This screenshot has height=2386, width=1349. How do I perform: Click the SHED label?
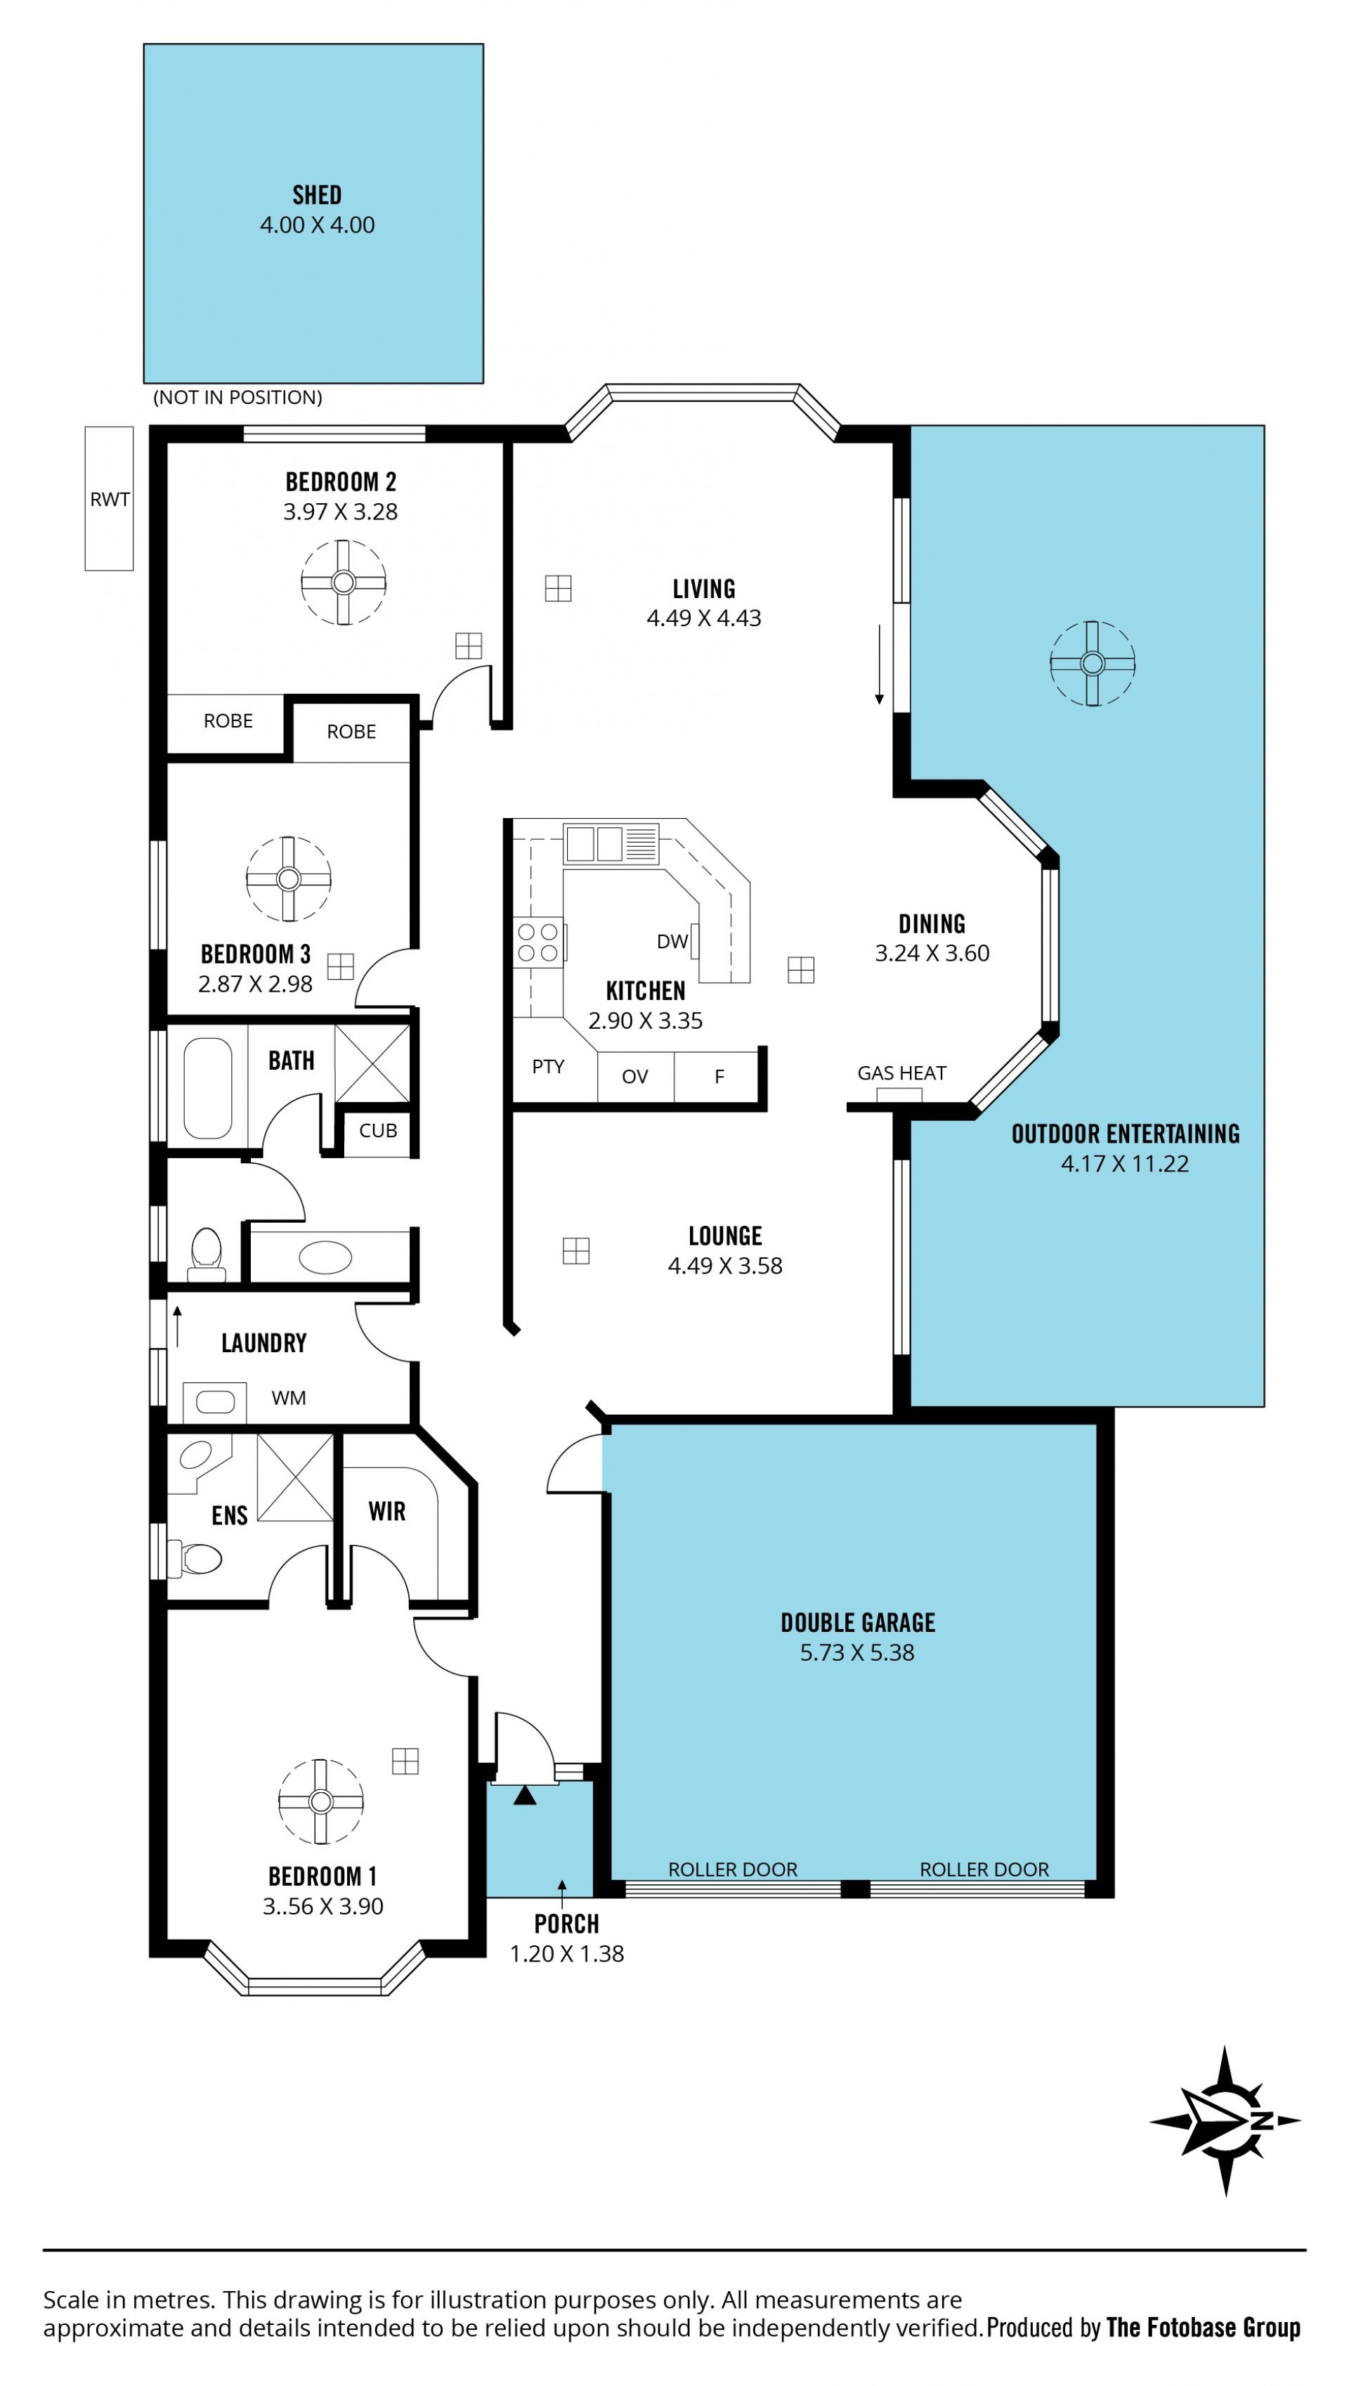[317, 195]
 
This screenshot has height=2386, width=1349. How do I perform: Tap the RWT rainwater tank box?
[110, 498]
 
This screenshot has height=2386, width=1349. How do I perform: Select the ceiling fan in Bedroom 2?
[344, 583]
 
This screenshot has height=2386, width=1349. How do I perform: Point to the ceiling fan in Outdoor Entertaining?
[1093, 663]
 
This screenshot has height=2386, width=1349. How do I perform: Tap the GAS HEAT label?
[901, 1073]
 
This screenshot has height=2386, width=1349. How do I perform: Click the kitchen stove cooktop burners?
[538, 942]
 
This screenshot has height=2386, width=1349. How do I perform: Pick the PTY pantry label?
[547, 1067]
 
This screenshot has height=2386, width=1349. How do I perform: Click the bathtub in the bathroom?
[207, 1088]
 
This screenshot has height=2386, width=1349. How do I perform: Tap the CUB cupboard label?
[378, 1131]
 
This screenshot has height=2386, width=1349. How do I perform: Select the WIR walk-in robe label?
[387, 1511]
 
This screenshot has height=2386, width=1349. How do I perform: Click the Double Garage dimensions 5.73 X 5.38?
[857, 1652]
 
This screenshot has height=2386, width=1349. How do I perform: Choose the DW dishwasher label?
[672, 942]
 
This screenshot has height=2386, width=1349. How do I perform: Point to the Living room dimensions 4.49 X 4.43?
[704, 618]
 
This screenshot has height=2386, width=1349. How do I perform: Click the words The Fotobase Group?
[1203, 2327]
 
